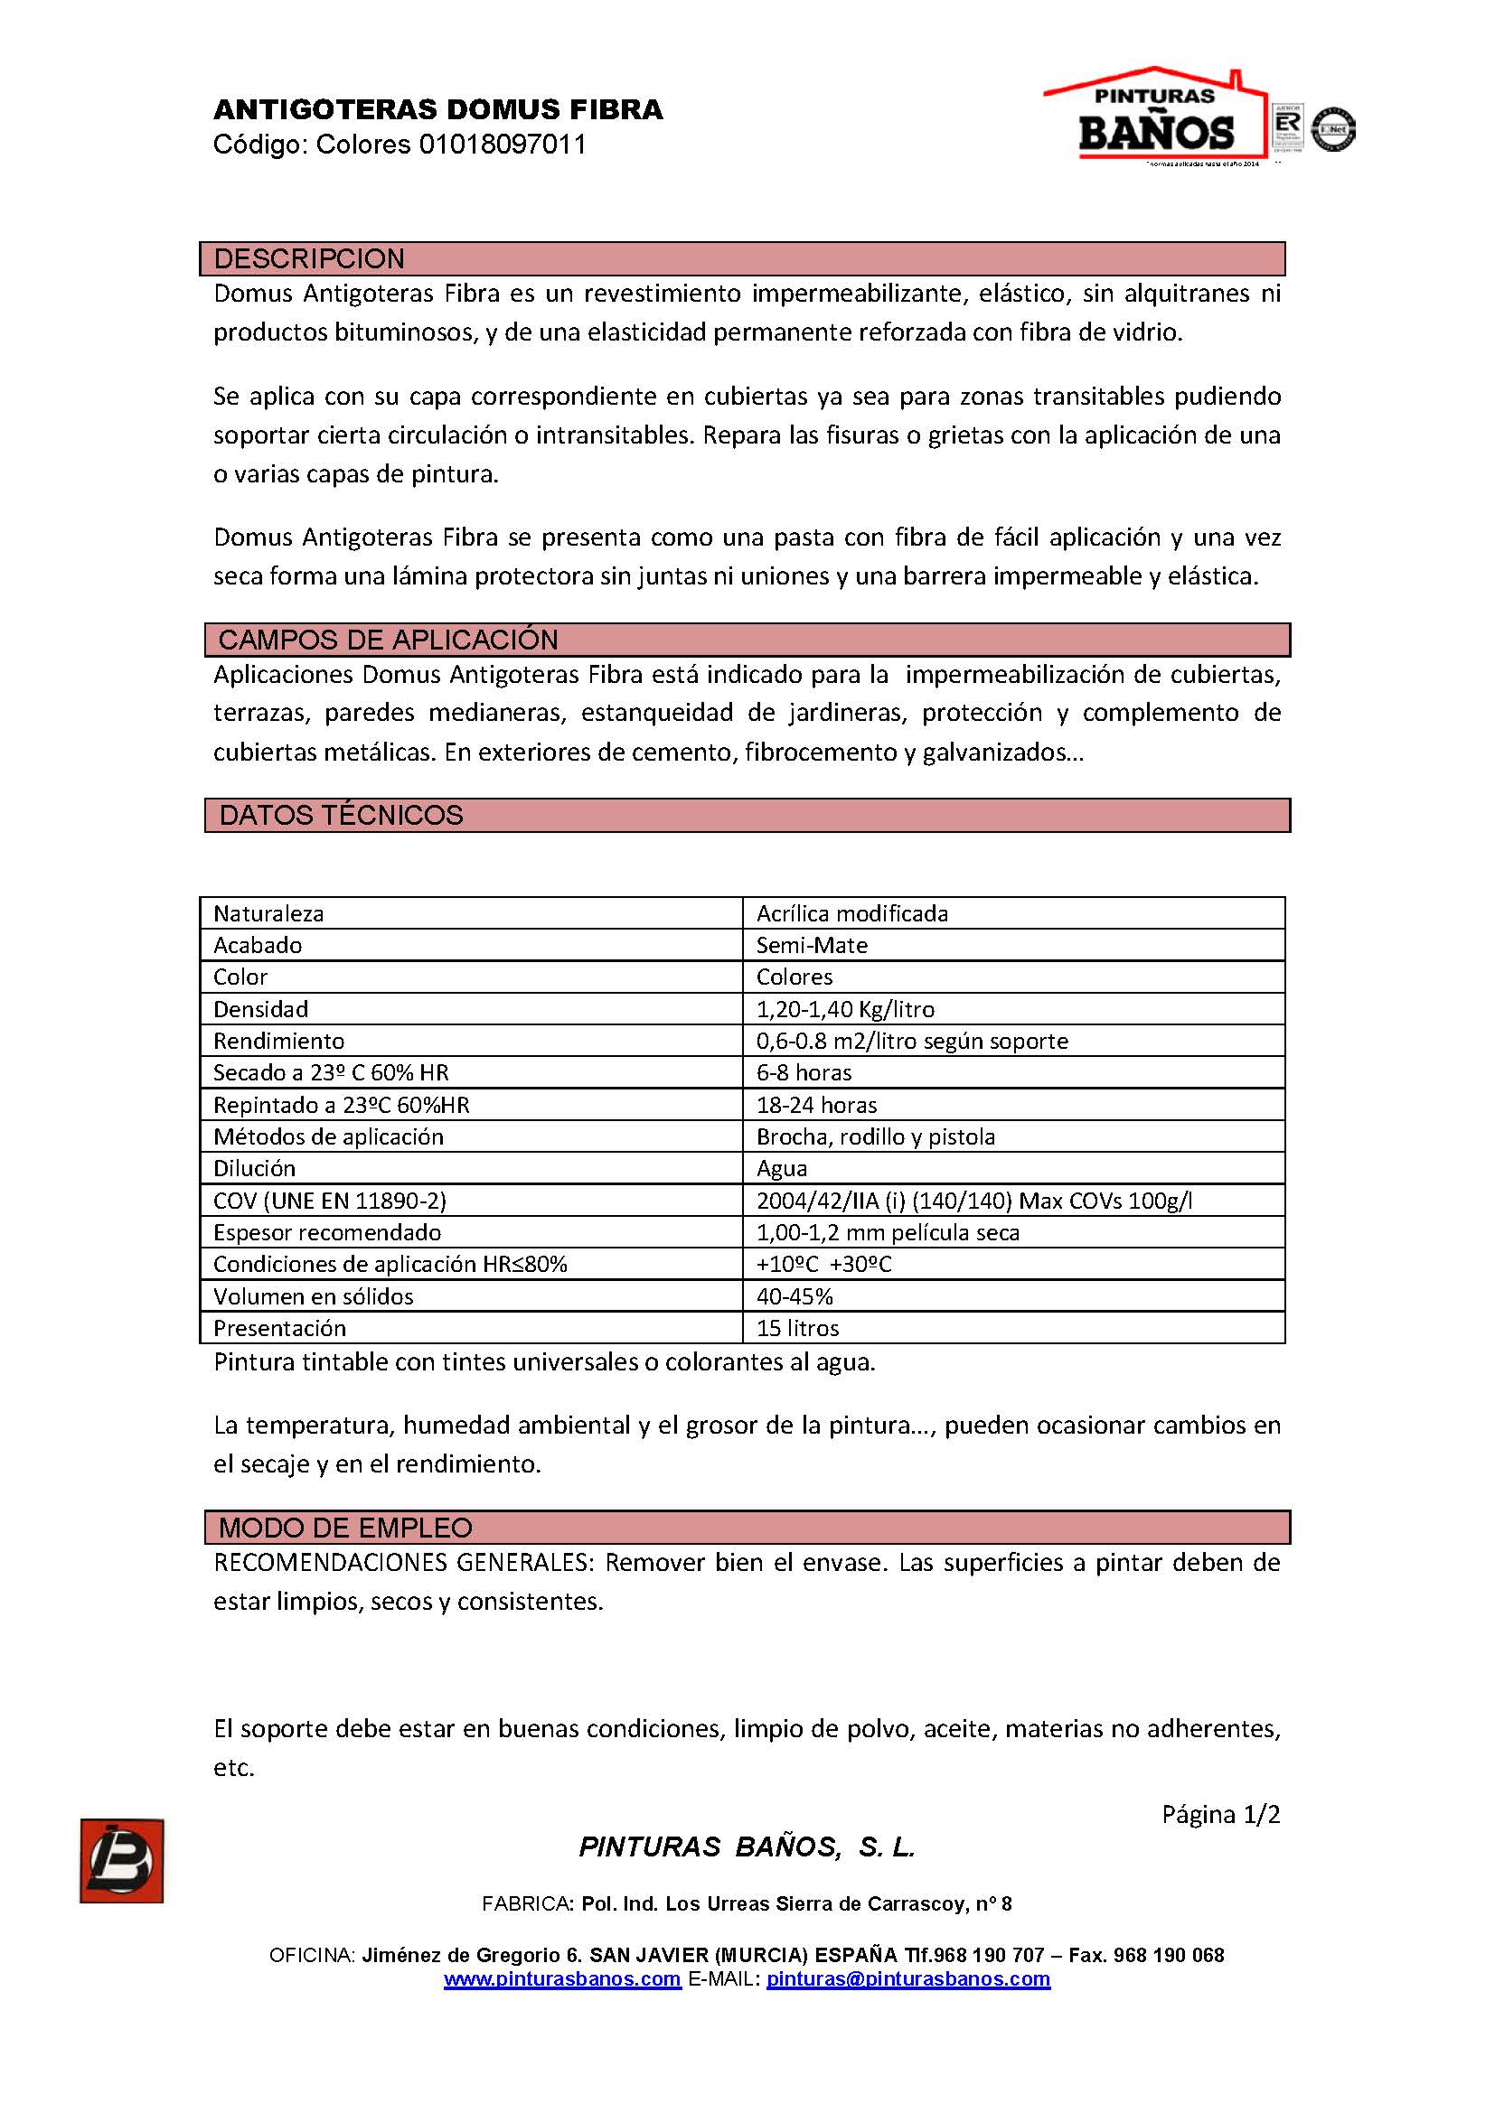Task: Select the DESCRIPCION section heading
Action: click(x=309, y=258)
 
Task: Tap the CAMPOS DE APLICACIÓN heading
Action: click(x=388, y=640)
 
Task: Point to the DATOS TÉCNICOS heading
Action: click(x=341, y=815)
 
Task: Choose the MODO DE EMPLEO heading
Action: click(x=345, y=1528)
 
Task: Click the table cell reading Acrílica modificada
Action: click(x=851, y=913)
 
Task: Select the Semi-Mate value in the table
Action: click(x=812, y=945)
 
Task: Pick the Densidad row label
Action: click(x=260, y=1009)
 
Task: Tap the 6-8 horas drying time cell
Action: click(x=804, y=1072)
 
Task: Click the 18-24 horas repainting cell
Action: click(x=816, y=1104)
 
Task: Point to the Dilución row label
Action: click(x=254, y=1168)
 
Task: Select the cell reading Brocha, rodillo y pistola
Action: click(x=876, y=1136)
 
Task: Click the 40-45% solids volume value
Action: click(x=795, y=1295)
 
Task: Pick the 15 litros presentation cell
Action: click(x=797, y=1328)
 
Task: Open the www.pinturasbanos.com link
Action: click(x=561, y=1978)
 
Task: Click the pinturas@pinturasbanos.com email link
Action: click(x=907, y=1978)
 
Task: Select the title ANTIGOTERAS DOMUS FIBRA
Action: click(x=438, y=110)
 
